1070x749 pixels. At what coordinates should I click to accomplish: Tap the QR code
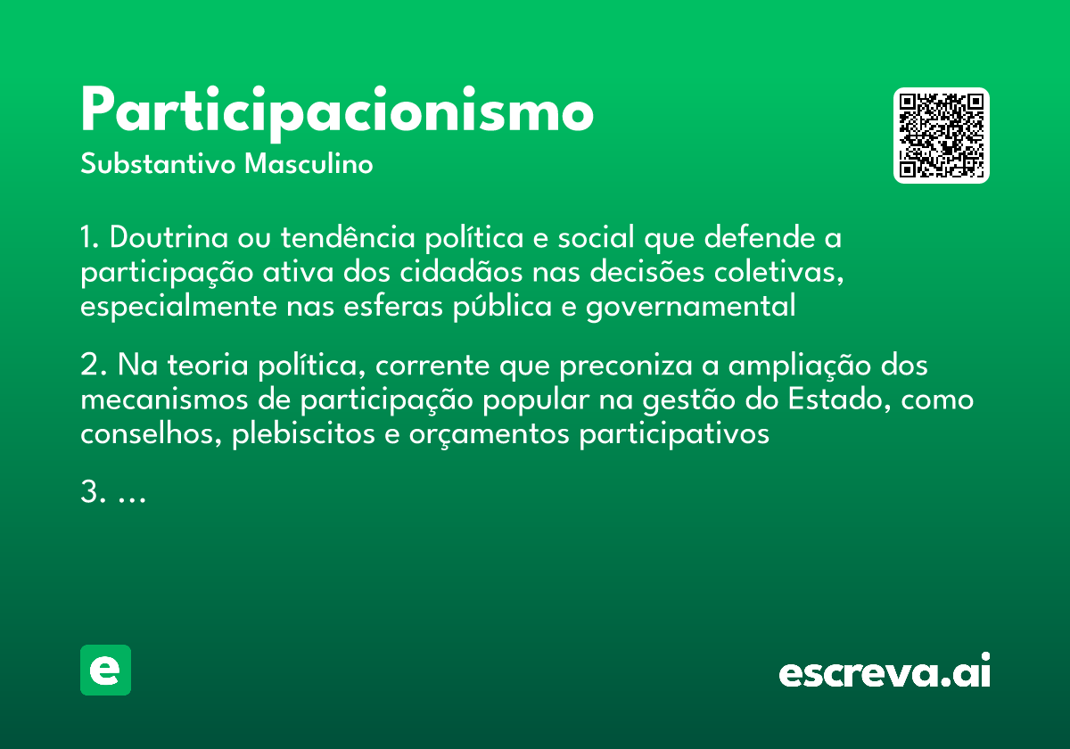942,136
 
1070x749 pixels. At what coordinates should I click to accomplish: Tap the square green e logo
105,670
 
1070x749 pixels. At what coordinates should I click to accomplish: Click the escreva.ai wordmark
885,672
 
